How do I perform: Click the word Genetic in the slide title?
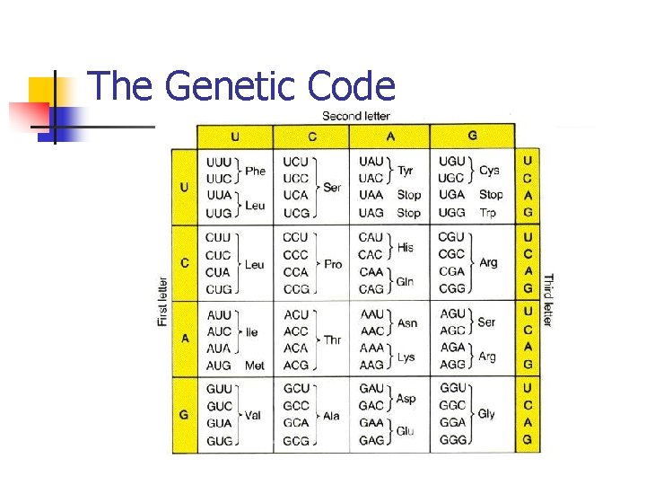point(231,87)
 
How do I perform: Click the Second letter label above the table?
point(356,116)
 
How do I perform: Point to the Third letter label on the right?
point(547,301)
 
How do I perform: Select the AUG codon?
point(219,366)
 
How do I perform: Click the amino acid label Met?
point(255,366)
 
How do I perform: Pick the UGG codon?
point(451,213)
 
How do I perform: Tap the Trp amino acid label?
point(488,213)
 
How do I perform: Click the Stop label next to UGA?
point(491,195)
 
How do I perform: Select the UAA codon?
point(371,195)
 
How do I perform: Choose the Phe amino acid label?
point(256,171)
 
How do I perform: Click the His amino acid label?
point(406,247)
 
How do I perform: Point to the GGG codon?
point(451,441)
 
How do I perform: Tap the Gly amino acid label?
point(486,414)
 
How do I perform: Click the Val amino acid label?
point(253,415)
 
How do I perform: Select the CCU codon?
point(295,238)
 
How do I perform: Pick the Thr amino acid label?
point(332,339)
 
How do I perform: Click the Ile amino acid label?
point(251,332)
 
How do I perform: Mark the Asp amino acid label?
point(406,399)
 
